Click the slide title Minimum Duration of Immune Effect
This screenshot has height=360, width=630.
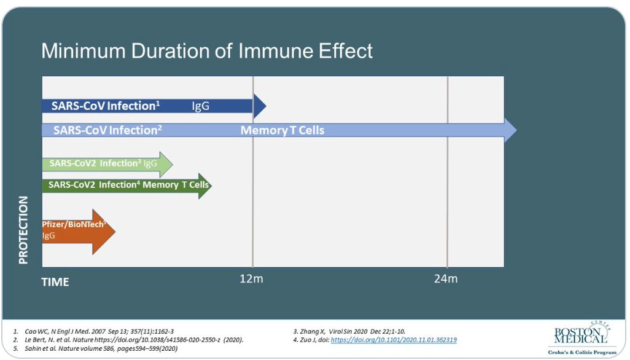point(207,51)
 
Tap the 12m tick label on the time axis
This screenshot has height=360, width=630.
point(251,279)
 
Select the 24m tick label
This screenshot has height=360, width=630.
point(446,279)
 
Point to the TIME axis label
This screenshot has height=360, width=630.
point(55,282)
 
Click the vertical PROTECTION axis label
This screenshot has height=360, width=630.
point(23,230)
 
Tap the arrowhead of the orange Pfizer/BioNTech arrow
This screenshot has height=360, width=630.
point(104,232)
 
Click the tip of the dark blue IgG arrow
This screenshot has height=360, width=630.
point(266,106)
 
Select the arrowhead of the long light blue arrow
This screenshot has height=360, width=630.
point(510,130)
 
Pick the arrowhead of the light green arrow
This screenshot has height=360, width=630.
point(166,164)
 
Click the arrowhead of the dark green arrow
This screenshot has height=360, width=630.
point(205,186)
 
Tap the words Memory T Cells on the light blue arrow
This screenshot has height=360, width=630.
point(282,130)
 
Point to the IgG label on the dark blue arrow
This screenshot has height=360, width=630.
point(201,106)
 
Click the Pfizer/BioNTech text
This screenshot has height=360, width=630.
point(74,224)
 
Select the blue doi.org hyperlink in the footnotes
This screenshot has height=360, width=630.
point(394,340)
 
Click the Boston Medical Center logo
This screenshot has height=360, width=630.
point(582,333)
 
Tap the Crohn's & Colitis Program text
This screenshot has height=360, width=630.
point(582,353)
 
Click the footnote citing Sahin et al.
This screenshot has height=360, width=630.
point(95,348)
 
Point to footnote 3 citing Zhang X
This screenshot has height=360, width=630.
point(349,332)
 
